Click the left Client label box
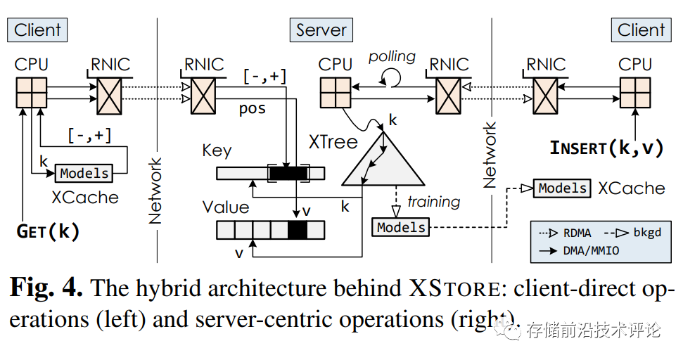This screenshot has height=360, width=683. [x=38, y=30]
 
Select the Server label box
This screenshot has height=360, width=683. [x=321, y=30]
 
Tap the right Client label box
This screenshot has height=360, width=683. [x=640, y=30]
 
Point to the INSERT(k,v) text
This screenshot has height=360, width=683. [x=606, y=148]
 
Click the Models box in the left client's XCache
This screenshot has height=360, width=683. [x=84, y=173]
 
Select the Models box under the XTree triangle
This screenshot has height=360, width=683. [x=401, y=227]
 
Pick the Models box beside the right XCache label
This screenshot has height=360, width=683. [x=562, y=188]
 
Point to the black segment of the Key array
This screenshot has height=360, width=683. [x=288, y=173]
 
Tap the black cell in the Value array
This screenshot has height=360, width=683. [x=298, y=230]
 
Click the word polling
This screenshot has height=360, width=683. [x=392, y=56]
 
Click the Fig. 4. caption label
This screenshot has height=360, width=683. [x=46, y=288]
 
